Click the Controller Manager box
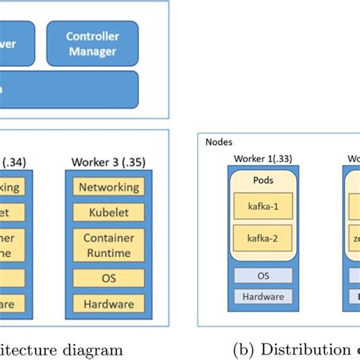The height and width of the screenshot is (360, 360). (x=92, y=43)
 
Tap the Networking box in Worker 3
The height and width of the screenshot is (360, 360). (x=109, y=187)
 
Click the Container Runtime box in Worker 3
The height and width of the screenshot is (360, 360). (x=109, y=245)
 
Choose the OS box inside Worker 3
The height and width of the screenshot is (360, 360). (x=109, y=278)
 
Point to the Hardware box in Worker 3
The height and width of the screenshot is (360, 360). (x=109, y=304)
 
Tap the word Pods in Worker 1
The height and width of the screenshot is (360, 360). (x=262, y=182)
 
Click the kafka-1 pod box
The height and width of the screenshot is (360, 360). (x=262, y=207)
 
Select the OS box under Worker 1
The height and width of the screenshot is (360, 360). (x=262, y=275)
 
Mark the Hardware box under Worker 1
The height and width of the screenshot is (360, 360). (x=262, y=297)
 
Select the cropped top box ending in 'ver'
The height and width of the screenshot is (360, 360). (x=17, y=43)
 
